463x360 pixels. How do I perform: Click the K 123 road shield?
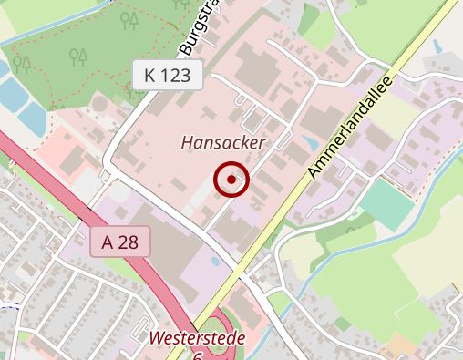click(167, 75)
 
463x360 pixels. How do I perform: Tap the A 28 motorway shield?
click(119, 242)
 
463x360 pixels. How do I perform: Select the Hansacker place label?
click(222, 143)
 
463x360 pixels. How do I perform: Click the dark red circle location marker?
click(231, 180)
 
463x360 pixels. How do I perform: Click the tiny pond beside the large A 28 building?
click(214, 262)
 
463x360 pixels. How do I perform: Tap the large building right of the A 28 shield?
click(183, 245)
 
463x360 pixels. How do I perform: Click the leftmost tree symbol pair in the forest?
click(22, 64)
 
